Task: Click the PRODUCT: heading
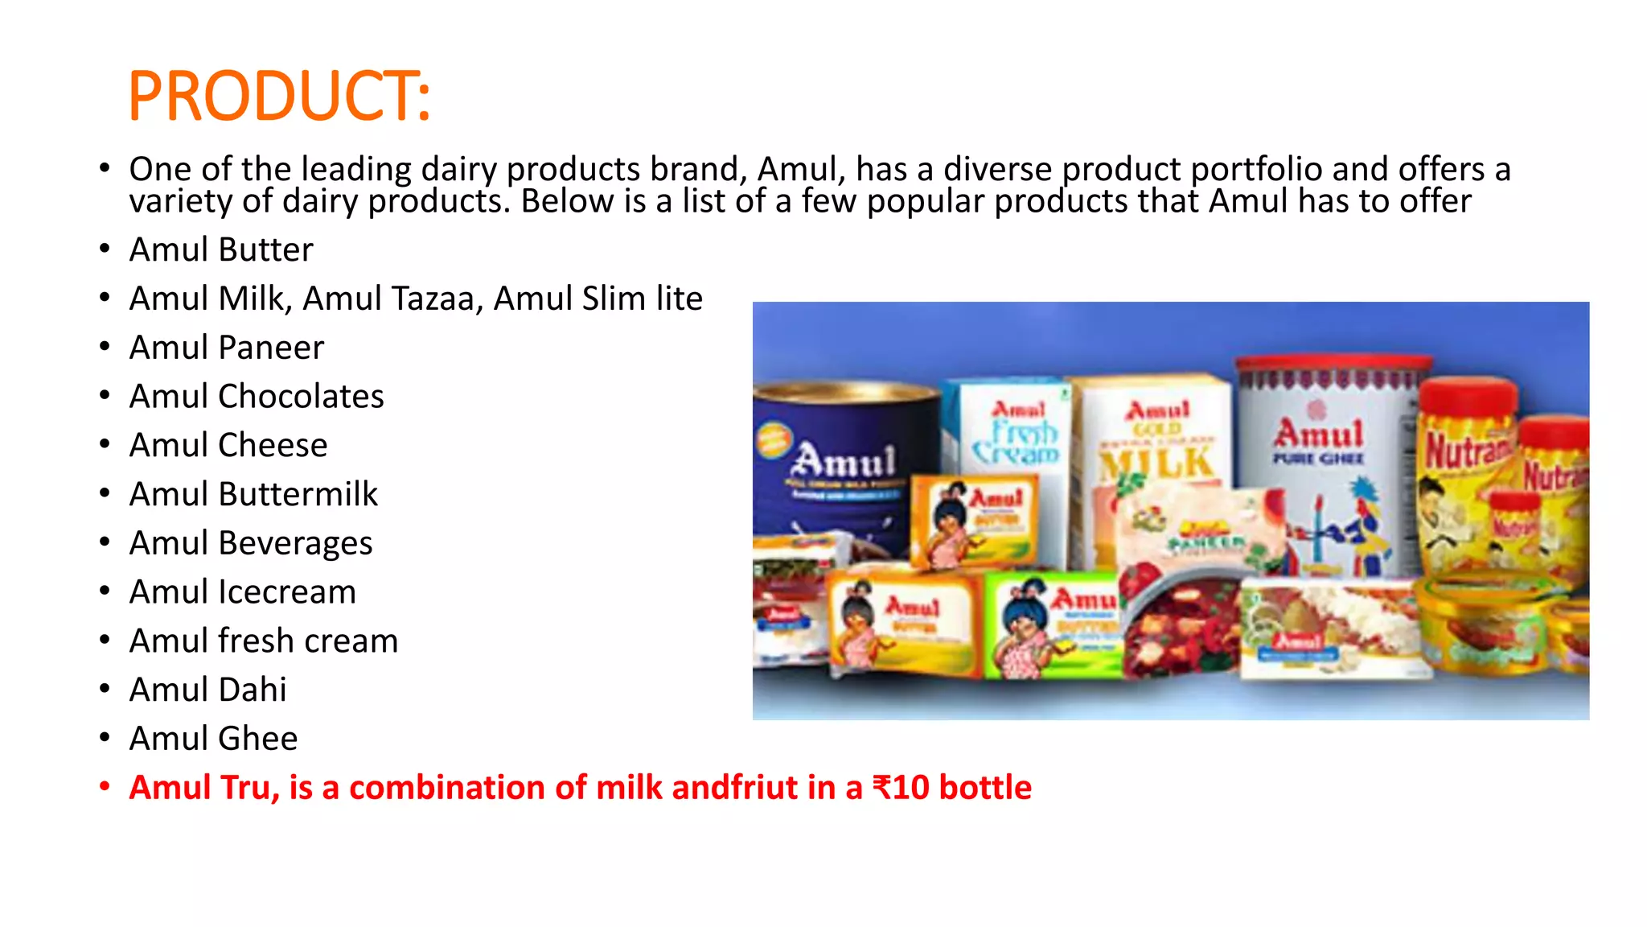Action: click(x=279, y=96)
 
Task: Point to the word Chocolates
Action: click(x=301, y=397)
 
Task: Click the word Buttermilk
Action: click(x=298, y=494)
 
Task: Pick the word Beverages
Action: click(x=295, y=543)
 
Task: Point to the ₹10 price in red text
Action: click(x=902, y=788)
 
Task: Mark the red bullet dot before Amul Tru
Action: click(x=105, y=786)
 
